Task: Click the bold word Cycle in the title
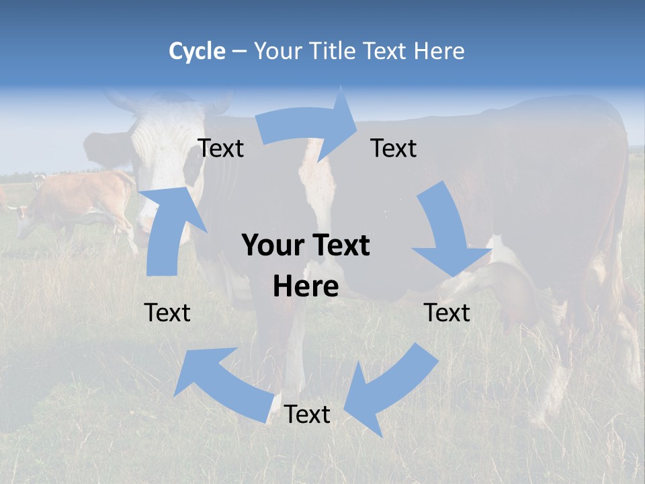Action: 197,51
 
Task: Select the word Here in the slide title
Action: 439,51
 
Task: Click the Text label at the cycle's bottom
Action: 307,415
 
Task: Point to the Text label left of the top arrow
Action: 221,149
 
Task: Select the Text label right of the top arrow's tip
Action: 394,149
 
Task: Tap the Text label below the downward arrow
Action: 447,313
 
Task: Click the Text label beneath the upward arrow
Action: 167,313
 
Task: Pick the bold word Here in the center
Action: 306,286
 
